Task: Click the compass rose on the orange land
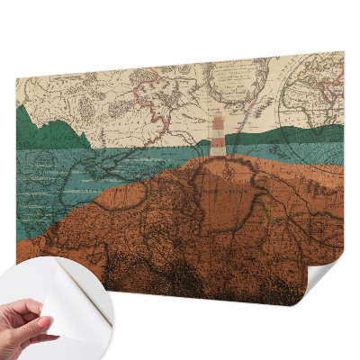coord(230,169)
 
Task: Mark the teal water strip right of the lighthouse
coord(288,154)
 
